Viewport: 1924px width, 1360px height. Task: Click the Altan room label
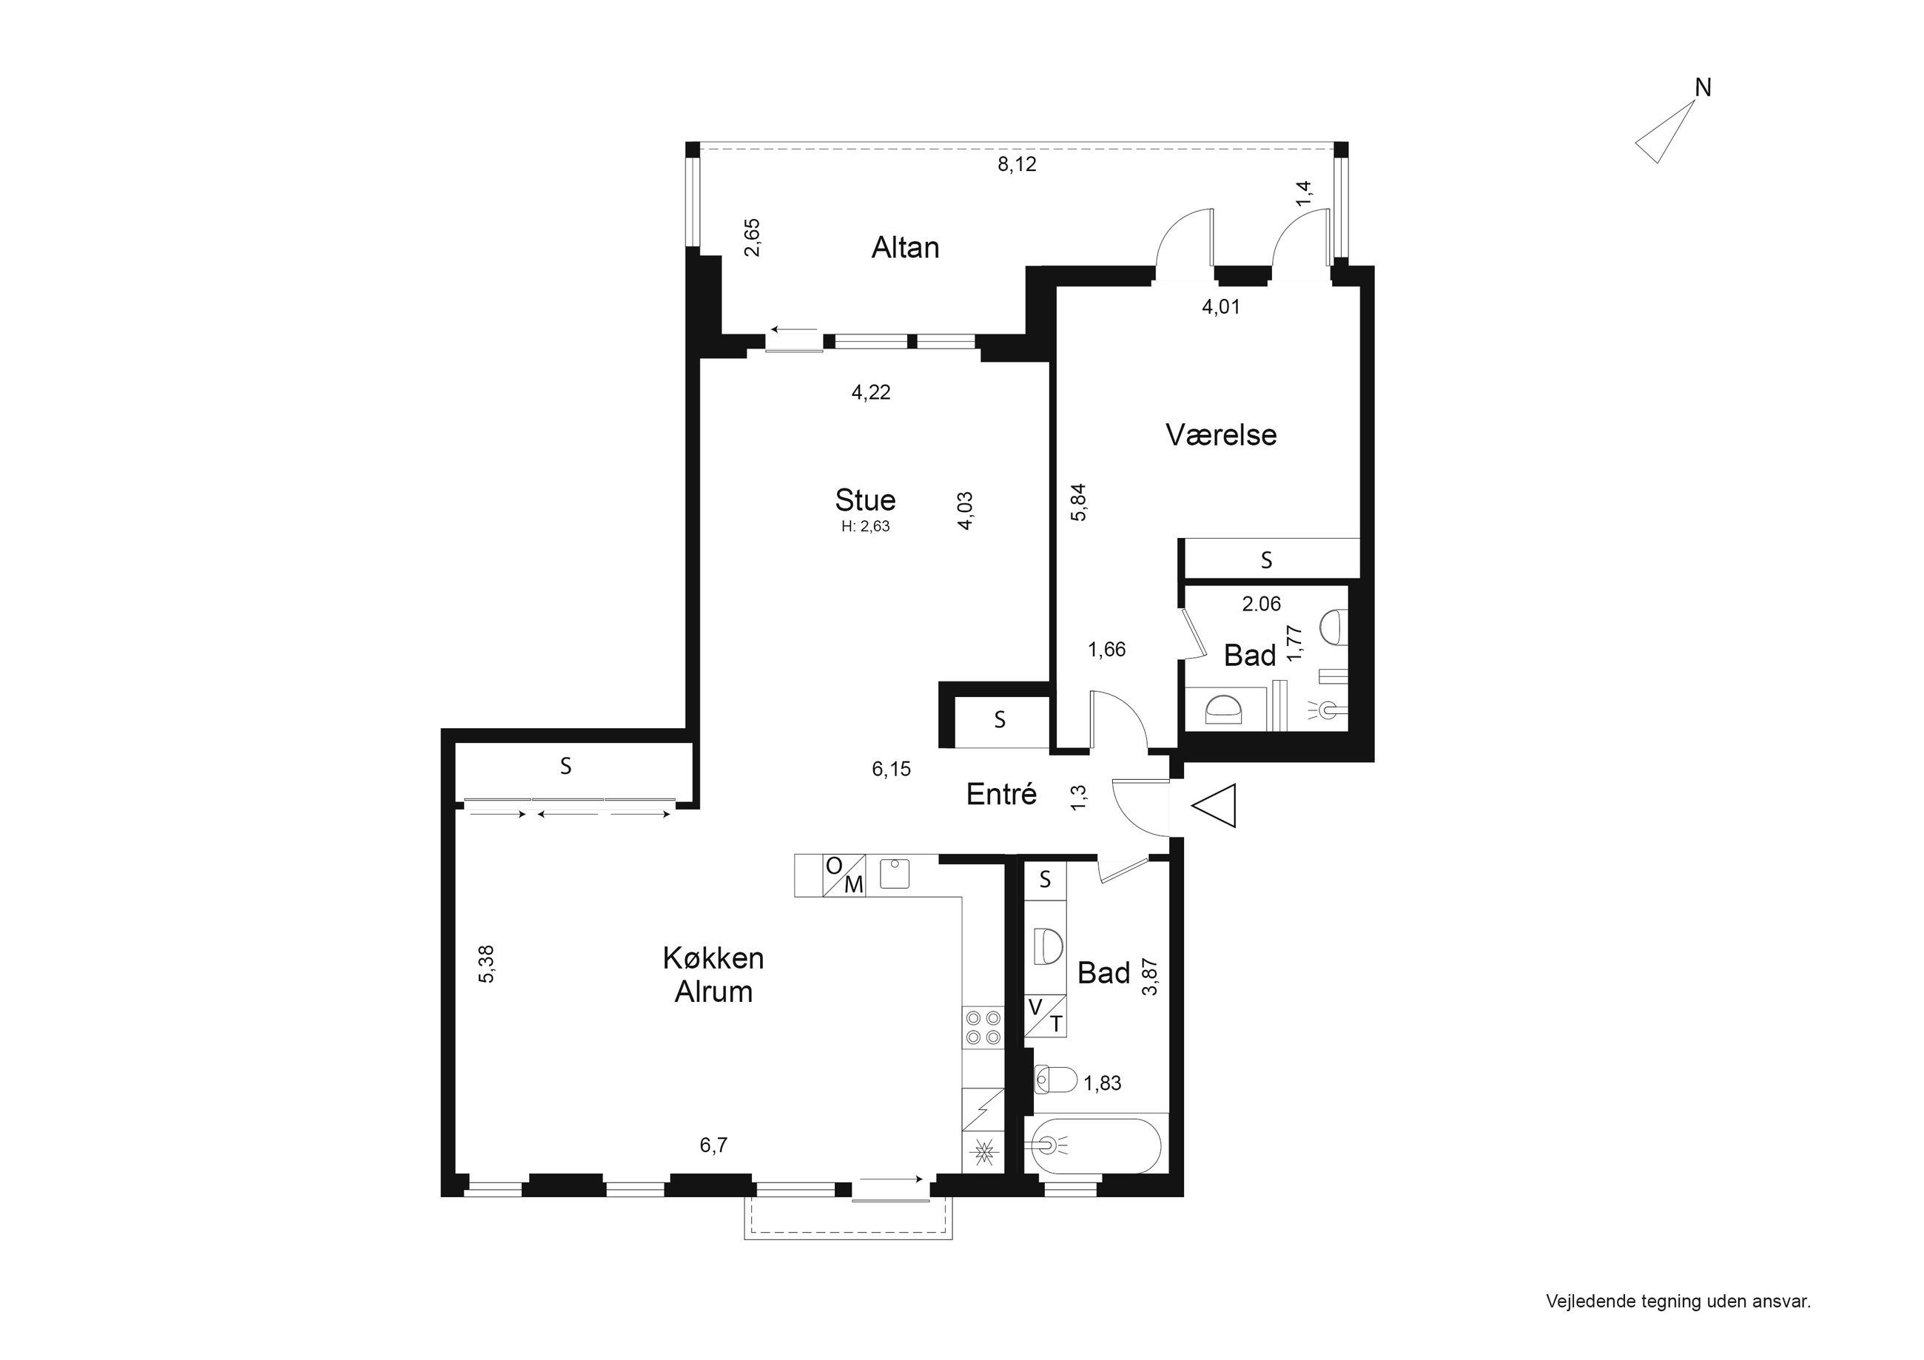(905, 247)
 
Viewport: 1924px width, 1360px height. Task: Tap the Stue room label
(866, 499)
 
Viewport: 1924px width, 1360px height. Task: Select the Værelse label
(1221, 434)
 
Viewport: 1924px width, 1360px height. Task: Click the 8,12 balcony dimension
(1017, 164)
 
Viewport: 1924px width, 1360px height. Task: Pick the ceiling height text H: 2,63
(866, 527)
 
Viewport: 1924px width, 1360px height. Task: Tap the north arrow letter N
(1703, 87)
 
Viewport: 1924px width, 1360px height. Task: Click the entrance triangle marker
(1214, 806)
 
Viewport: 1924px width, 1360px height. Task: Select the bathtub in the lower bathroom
(1096, 1146)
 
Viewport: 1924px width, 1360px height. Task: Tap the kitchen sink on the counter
(895, 874)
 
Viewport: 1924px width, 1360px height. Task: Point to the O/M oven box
(844, 875)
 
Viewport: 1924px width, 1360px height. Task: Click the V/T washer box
(1045, 1016)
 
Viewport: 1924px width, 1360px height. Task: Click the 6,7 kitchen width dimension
(713, 1145)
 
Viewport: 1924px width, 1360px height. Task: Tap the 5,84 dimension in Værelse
(1078, 502)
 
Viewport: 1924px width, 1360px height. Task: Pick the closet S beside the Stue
(999, 719)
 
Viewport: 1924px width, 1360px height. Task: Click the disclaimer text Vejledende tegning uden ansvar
(1678, 1302)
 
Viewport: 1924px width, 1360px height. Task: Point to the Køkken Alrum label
(713, 974)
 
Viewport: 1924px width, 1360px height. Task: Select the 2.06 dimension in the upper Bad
(1261, 603)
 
